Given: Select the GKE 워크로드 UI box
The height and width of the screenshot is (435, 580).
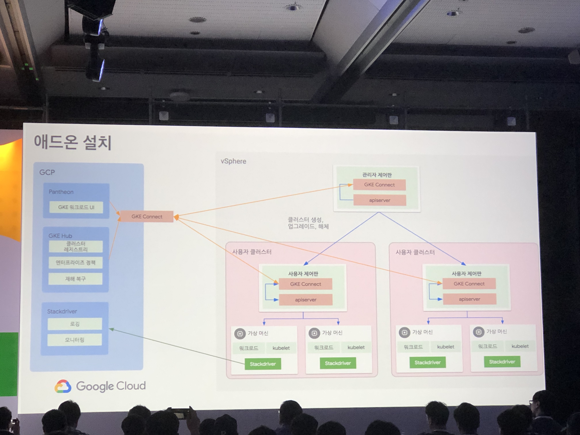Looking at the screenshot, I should point(76,207).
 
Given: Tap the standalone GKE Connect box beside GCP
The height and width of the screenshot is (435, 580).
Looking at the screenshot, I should point(147,217).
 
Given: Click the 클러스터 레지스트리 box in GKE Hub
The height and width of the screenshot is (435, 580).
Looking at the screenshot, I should point(76,246).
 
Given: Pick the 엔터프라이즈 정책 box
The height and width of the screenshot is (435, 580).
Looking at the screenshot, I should point(76,263).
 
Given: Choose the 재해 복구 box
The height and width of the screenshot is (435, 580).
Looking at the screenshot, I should point(75,279).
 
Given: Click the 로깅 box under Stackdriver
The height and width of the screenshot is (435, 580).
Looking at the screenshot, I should point(75,324).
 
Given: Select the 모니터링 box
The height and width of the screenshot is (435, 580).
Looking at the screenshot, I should point(75,340).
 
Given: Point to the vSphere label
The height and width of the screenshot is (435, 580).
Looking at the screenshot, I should point(233,161).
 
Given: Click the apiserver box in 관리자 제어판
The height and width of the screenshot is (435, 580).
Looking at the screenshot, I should point(379,200).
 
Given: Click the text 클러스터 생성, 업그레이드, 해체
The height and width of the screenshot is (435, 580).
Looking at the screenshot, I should point(308,223).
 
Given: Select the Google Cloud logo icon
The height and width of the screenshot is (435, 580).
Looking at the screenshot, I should point(63,386).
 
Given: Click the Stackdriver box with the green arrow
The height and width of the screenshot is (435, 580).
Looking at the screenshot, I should point(263,364).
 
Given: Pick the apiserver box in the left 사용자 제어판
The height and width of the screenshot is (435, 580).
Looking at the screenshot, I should point(306,300).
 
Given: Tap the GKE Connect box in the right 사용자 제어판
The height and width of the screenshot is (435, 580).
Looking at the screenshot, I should point(469,284).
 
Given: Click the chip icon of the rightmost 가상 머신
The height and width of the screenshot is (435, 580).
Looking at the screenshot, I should point(479,332).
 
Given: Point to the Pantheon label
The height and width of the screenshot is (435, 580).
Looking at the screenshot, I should point(61,192).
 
